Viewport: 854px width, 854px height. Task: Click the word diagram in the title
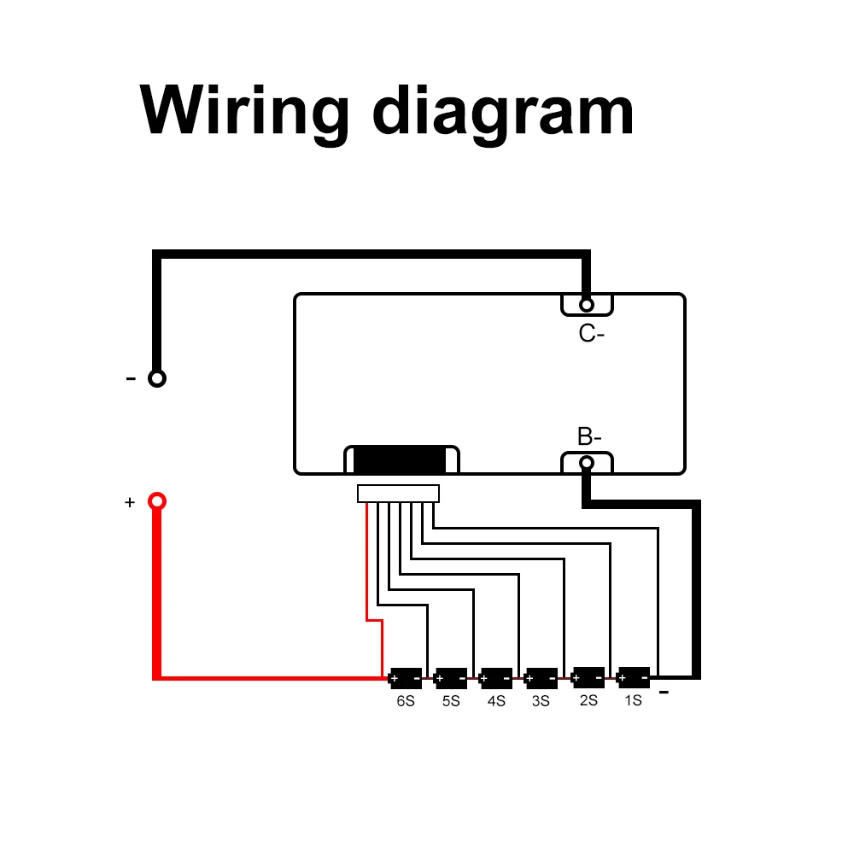click(x=503, y=114)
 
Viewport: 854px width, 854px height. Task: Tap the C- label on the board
click(x=592, y=333)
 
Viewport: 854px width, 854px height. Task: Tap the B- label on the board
click(x=589, y=436)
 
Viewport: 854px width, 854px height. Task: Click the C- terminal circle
click(x=587, y=305)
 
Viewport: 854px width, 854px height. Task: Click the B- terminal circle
click(x=587, y=463)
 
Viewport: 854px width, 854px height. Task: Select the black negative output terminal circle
click(x=157, y=378)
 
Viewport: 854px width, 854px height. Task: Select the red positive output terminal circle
click(x=157, y=501)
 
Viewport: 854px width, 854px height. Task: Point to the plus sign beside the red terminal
click(x=130, y=502)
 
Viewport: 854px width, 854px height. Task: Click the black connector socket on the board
click(x=402, y=459)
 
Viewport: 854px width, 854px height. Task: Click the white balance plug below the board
click(x=398, y=494)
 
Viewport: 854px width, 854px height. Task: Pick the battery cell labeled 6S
click(x=406, y=678)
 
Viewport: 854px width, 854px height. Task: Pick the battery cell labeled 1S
click(x=634, y=677)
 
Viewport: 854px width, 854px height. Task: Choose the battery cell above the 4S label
click(x=495, y=678)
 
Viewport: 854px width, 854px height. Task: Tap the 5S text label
click(x=451, y=701)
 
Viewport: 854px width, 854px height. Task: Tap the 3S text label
click(x=541, y=701)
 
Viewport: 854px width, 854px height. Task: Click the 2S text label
click(x=588, y=700)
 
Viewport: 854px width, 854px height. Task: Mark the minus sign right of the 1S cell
click(x=664, y=693)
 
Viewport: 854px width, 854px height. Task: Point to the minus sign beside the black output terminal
click(x=131, y=378)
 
